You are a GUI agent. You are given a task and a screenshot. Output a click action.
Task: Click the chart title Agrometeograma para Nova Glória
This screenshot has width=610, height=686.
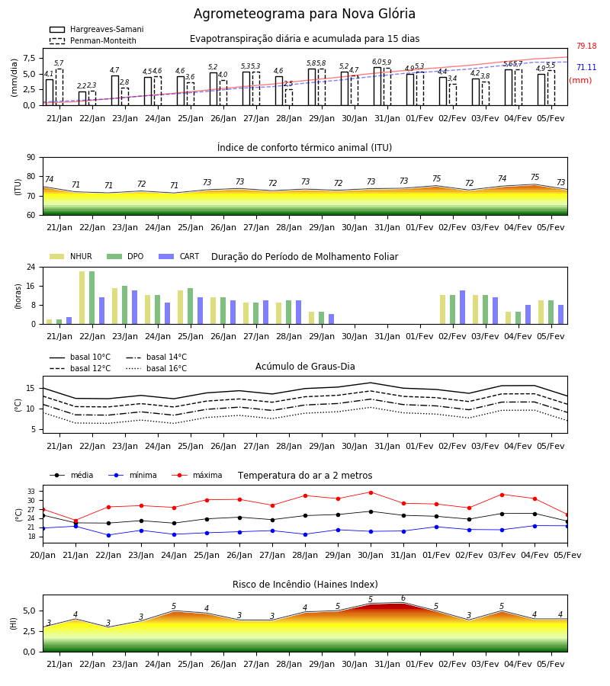[x=304, y=14]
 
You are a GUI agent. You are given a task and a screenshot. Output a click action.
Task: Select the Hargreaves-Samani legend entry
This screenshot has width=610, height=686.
[x=96, y=29]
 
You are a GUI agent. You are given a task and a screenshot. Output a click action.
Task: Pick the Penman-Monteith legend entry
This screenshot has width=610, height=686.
[x=93, y=40]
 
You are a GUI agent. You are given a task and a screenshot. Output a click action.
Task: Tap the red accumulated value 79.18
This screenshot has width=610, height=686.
[x=586, y=46]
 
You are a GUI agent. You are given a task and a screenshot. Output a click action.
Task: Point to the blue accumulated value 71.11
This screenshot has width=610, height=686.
[x=586, y=67]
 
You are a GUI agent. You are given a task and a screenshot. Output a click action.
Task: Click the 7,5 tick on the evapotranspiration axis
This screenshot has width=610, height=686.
[x=30, y=58]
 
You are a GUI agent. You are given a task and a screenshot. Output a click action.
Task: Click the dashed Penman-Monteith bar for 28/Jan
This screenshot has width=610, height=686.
[x=289, y=98]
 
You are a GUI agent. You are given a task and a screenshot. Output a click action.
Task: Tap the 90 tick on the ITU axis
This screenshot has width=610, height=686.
[x=31, y=158]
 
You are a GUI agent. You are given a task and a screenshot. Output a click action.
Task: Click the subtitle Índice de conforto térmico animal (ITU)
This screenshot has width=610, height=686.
[x=304, y=147]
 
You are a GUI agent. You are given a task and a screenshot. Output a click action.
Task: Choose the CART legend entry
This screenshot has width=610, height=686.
[x=179, y=256]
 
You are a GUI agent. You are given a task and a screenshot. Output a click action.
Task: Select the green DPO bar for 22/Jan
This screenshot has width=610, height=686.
[x=92, y=297]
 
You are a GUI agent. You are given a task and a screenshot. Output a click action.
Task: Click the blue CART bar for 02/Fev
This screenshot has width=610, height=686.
[x=463, y=307]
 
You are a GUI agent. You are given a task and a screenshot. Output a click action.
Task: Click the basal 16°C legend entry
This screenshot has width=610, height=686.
[x=156, y=368]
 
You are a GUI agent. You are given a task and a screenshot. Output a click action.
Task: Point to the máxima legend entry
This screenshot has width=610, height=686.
[x=197, y=475]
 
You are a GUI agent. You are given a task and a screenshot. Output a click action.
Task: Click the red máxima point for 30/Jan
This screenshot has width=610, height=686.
[x=371, y=492]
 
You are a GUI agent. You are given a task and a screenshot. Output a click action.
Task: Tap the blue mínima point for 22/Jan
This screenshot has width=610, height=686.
[x=108, y=535]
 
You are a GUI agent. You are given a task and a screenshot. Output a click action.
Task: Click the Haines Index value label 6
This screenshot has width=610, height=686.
[x=403, y=598]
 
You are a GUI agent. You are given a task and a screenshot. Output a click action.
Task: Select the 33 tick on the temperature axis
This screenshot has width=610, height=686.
[x=31, y=492]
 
